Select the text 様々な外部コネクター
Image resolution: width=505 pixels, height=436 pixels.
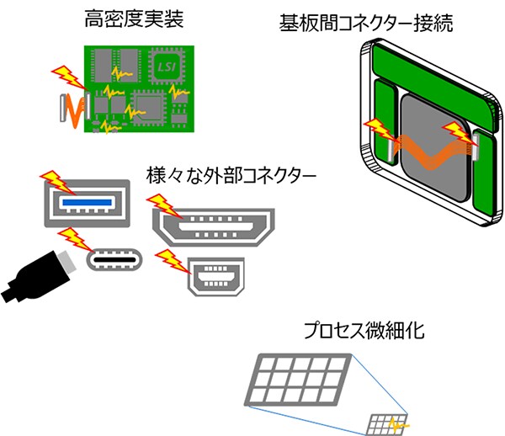coord(231,178)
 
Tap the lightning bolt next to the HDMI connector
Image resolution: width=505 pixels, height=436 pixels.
coord(159,205)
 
